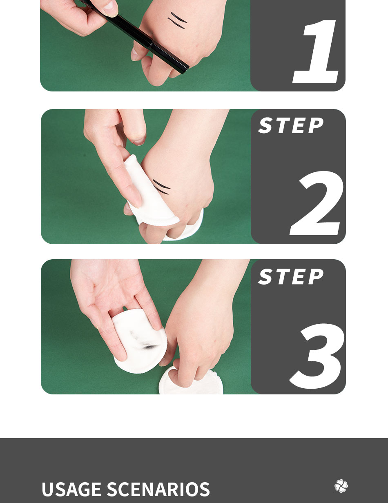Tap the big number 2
tap(317, 204)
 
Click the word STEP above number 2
tap(291, 126)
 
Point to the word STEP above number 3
tap(291, 277)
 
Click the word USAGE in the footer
tap(71, 490)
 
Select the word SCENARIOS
tap(158, 490)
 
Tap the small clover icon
tap(341, 486)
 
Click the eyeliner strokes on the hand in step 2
tap(161, 187)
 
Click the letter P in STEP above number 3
tap(315, 277)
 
